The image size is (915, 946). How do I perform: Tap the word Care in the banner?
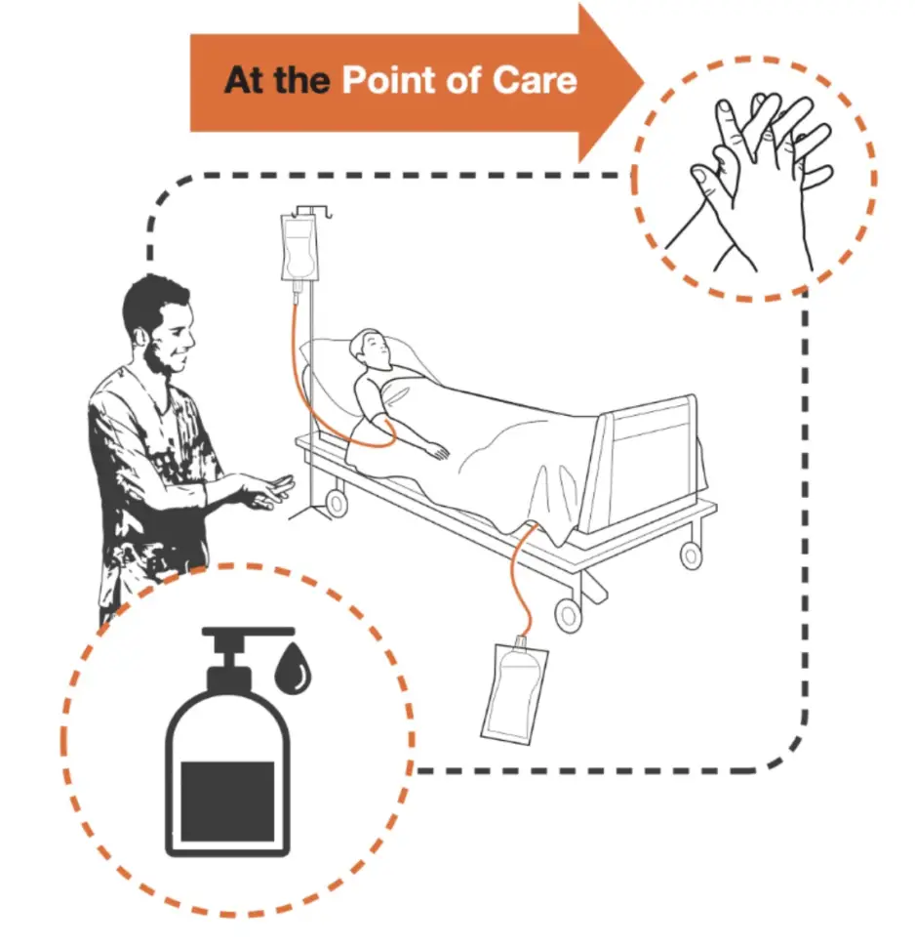pos(534,80)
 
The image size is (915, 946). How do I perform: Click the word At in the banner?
pos(244,80)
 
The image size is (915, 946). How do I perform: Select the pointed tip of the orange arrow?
pos(644,83)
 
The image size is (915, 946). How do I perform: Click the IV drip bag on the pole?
pos(299,249)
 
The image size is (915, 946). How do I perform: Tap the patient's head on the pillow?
pos(372,350)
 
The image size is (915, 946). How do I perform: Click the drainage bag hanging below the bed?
pos(513,690)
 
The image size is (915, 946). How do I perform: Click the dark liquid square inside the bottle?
pos(228,802)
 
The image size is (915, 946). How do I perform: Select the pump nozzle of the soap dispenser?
pos(248,633)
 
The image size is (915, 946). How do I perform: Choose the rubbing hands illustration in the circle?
pos(756,181)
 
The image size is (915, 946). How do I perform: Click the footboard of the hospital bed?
pos(645,463)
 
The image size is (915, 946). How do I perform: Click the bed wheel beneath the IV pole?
pos(336,503)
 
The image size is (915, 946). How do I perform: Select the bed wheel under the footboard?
pos(691,555)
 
